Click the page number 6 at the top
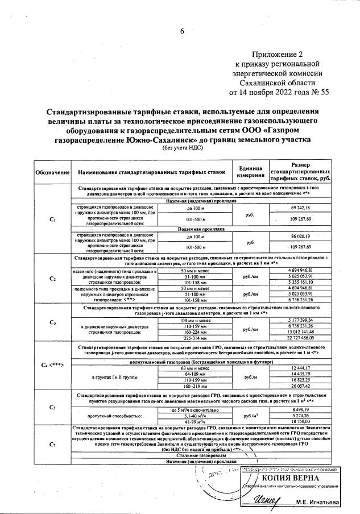(x=183, y=31)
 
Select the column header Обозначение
(x=52, y=172)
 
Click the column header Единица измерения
(x=250, y=171)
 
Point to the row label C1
(x=52, y=220)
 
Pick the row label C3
(x=52, y=323)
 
